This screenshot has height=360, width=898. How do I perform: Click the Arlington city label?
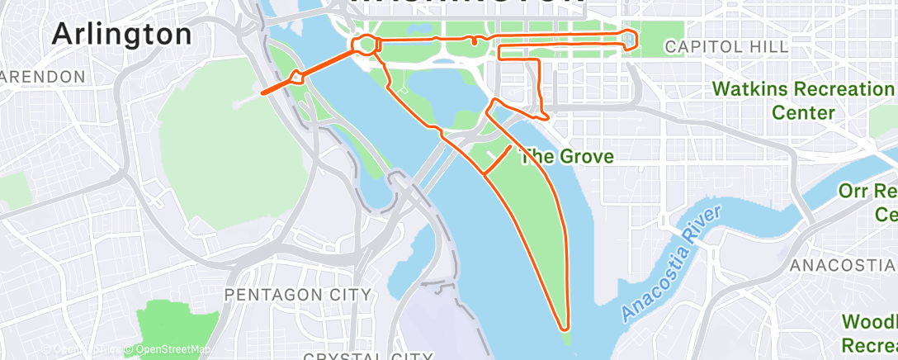[121, 34]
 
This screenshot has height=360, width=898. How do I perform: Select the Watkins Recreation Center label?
[798, 99]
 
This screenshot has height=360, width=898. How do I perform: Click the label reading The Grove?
[565, 155]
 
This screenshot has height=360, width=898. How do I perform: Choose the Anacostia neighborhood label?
[842, 266]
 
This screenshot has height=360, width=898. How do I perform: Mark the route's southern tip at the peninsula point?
[565, 326]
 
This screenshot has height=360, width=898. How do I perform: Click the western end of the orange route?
[263, 92]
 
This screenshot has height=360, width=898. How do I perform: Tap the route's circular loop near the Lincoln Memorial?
[366, 44]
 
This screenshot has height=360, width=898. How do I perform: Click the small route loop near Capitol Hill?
[631, 39]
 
